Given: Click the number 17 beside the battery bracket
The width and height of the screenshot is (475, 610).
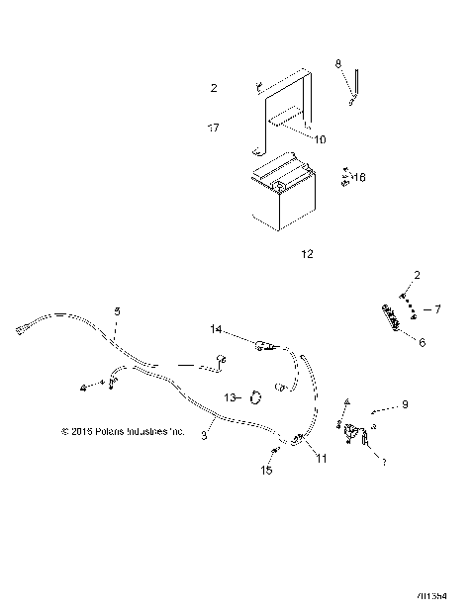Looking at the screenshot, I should coord(213,129).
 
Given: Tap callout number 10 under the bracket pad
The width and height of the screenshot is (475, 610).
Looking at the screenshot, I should coord(320,140).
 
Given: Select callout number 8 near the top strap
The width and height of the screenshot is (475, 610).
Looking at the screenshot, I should coord(338,64).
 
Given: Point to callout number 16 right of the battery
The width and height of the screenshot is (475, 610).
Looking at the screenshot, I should coord(359,178).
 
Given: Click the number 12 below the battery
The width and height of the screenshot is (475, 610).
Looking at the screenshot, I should coord(306,254).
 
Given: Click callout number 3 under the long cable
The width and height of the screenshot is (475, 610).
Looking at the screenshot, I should coord(205,433).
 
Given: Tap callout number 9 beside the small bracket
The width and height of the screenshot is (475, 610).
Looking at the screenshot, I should coord(403,405).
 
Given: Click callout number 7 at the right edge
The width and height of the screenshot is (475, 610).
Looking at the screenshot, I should coord(437,309).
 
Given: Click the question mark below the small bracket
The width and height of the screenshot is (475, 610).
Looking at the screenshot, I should coord(384,461).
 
